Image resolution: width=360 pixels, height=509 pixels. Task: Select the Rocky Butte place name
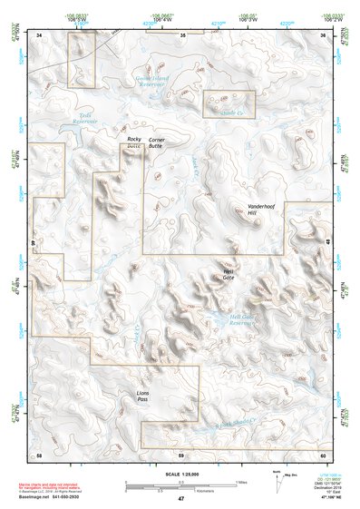(134, 142)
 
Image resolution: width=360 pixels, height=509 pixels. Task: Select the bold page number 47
(180, 499)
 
